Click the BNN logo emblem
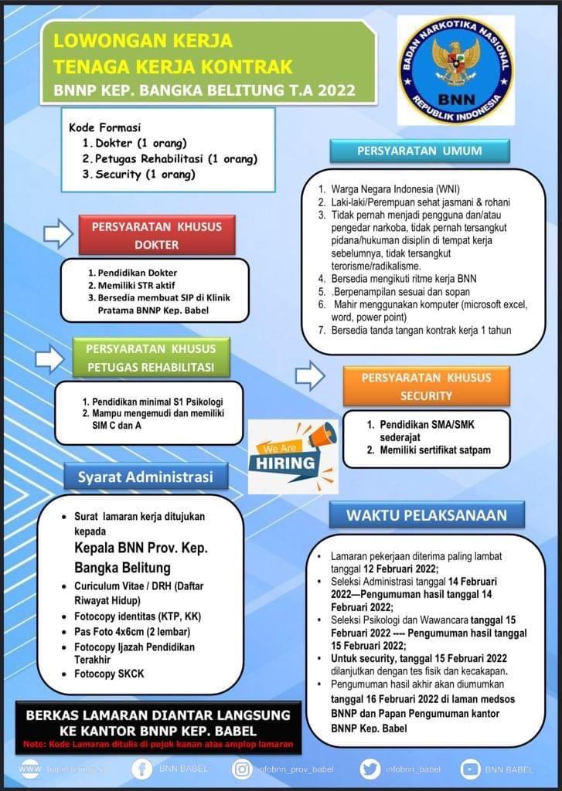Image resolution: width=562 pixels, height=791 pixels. coord(455,70)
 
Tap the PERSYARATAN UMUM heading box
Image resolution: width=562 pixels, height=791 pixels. coord(419,151)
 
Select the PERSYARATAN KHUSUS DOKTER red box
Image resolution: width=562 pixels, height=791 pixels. coord(156,236)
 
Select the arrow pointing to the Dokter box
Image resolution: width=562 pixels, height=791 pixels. coord(57,233)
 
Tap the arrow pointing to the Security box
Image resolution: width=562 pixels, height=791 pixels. coord(310,376)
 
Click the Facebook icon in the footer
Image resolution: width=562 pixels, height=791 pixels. coord(142,769)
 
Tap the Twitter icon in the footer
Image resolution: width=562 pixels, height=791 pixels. coord(370,769)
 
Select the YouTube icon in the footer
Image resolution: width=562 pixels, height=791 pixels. coord(470,769)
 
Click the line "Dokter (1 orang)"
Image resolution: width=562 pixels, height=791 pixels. coord(140,144)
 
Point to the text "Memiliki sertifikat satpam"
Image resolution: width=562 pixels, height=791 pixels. coord(434,450)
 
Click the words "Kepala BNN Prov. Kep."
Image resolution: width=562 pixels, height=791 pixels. coord(141,548)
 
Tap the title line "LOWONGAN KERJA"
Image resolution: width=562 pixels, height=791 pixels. coord(143,40)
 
